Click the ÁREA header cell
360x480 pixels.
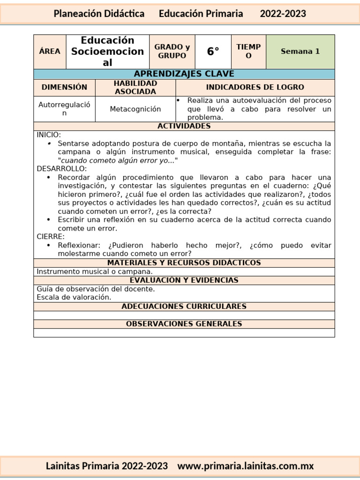click(50, 52)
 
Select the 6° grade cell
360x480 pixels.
click(213, 52)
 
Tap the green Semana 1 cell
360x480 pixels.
click(300, 52)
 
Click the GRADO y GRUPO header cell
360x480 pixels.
click(172, 52)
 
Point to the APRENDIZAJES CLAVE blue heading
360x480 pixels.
click(184, 74)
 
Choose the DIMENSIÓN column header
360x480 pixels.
click(64, 87)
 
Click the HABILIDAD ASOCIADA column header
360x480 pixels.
click(135, 87)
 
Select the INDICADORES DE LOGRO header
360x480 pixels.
click(255, 87)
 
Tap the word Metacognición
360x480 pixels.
click(135, 109)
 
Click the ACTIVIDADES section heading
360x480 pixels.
click(184, 126)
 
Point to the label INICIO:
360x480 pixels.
click(49, 135)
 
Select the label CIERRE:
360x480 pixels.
click(51, 237)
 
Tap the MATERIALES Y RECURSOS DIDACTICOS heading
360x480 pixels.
click(184, 263)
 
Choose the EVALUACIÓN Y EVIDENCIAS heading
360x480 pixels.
click(184, 280)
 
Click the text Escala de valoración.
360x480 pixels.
click(74, 297)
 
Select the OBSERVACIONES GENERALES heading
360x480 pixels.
click(184, 324)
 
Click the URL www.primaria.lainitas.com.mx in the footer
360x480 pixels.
click(246, 466)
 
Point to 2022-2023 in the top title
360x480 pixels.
click(283, 14)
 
